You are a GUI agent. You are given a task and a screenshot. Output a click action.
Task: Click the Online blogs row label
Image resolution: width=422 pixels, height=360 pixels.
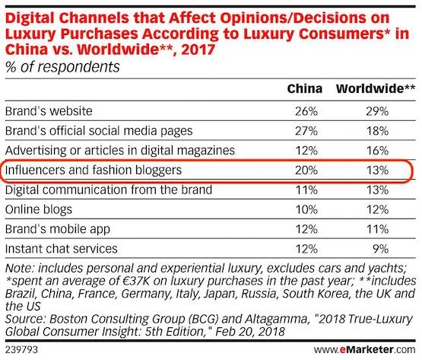tap(39, 209)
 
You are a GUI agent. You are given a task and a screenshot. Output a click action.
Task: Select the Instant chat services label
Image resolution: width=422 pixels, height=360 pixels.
tap(61, 248)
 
